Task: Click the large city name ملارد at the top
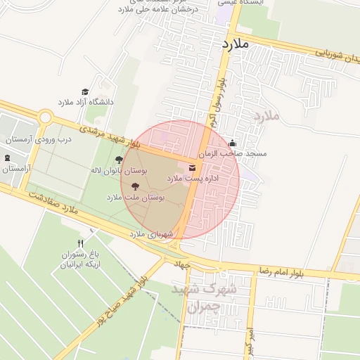tap(236, 44)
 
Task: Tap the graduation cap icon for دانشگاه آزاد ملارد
tap(85, 92)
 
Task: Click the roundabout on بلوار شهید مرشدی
tap(46, 117)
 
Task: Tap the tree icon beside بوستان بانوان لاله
tap(119, 160)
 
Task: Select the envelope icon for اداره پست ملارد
tap(192, 167)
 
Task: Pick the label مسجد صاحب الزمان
tap(233, 153)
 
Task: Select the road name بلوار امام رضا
tap(281, 271)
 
